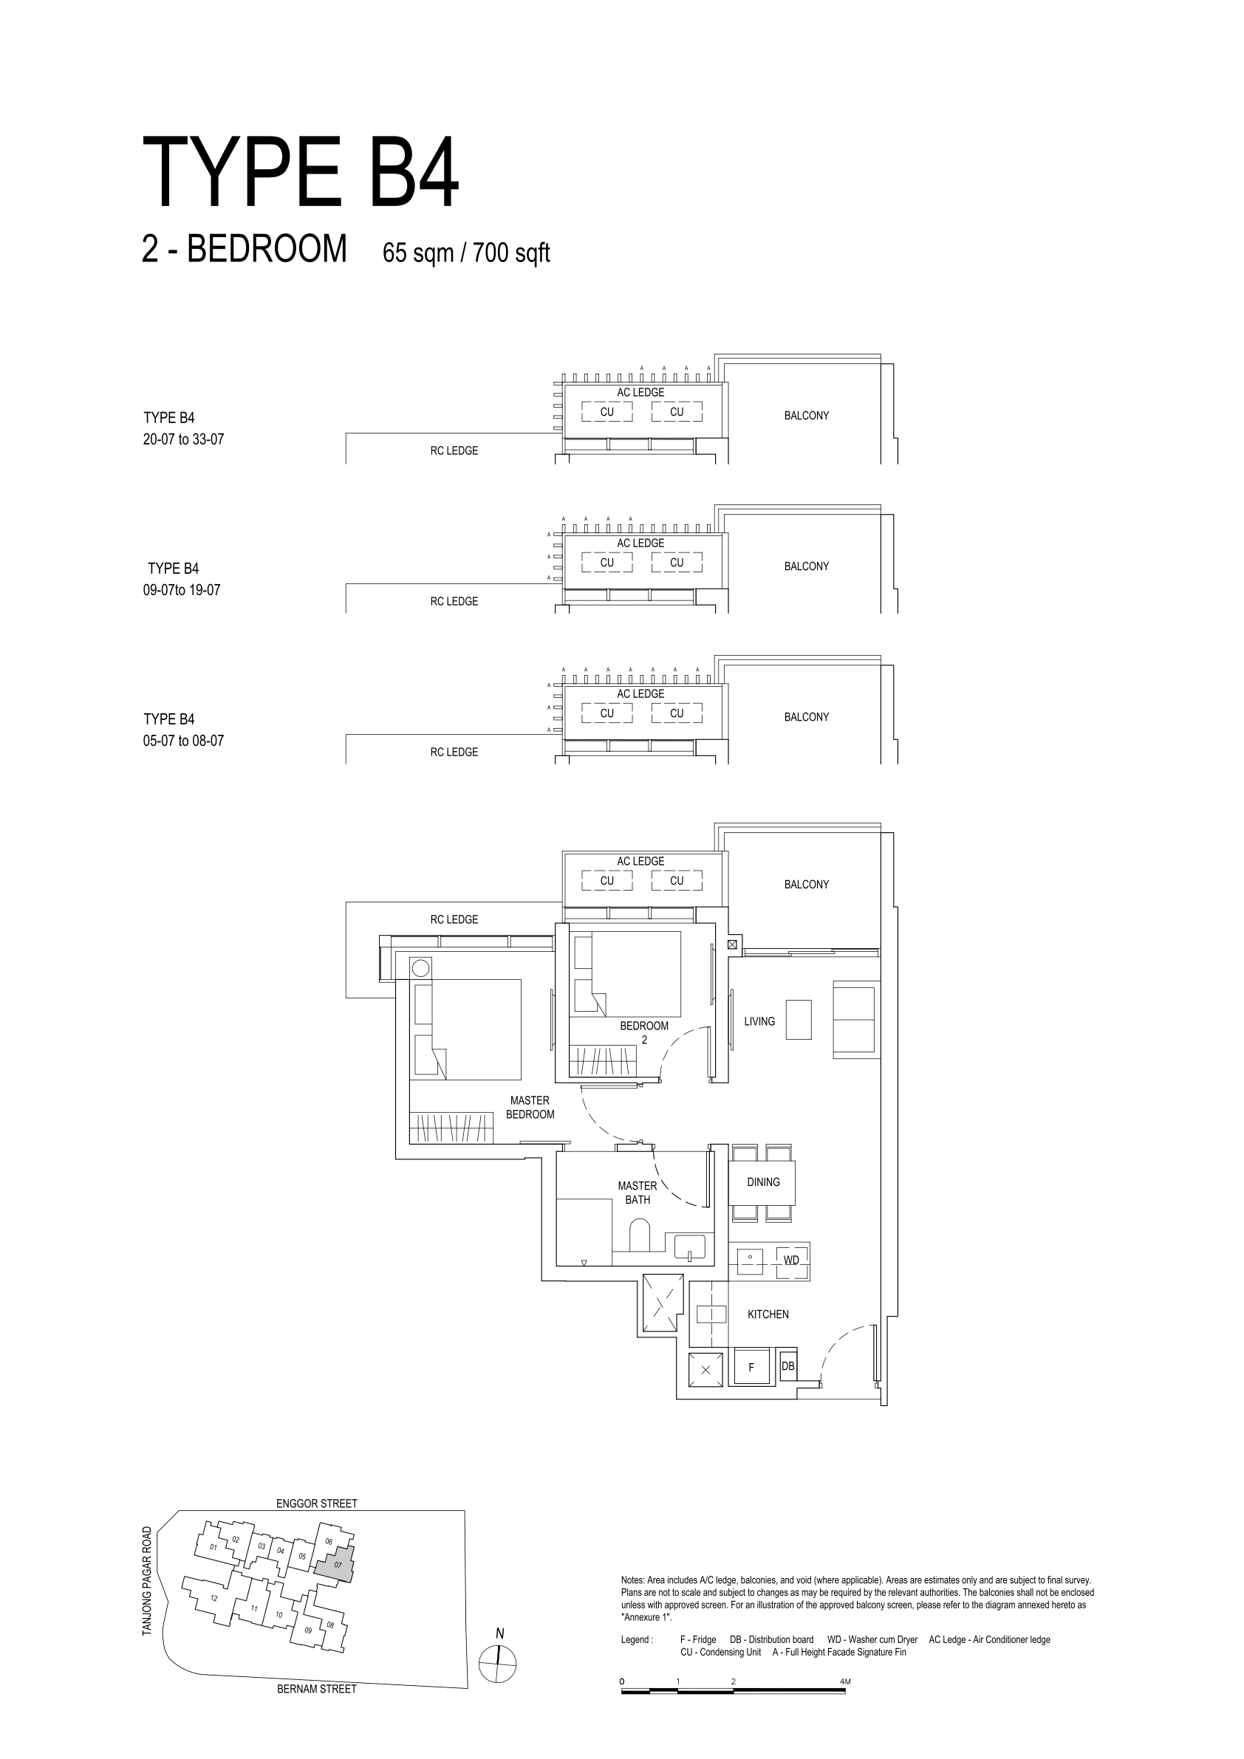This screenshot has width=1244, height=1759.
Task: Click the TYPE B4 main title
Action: pos(301,172)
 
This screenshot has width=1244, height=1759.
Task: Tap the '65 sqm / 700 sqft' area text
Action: pos(466,252)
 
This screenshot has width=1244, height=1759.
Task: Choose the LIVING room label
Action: pos(759,1021)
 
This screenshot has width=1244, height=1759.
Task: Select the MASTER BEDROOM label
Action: pos(530,1107)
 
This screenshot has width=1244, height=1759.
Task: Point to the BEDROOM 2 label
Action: pos(644,1032)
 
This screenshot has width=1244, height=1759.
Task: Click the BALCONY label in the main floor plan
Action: pos(807,884)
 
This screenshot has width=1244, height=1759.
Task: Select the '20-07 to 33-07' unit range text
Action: pos(183,440)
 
